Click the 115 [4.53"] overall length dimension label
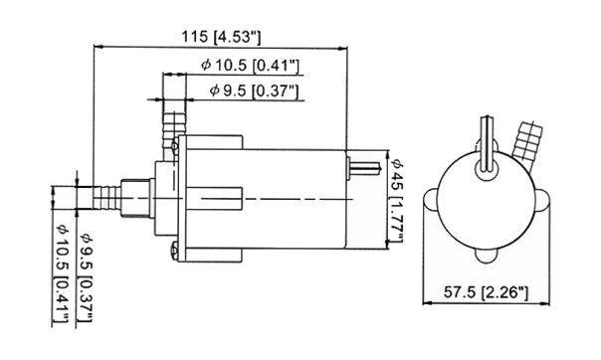221,37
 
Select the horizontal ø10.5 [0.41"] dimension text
250,65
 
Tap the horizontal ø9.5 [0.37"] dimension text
254,90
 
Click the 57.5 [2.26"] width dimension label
486,293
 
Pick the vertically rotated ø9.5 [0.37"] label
87,277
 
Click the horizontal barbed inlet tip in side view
106,197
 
